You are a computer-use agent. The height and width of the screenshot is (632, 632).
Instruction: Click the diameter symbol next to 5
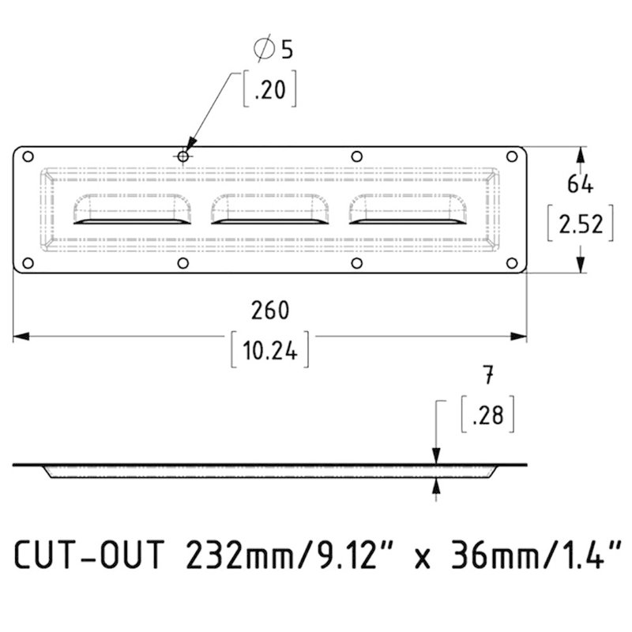(x=262, y=50)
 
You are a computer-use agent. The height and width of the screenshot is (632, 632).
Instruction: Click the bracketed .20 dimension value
(x=270, y=91)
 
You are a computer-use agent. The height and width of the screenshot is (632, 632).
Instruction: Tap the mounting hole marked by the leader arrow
(x=183, y=156)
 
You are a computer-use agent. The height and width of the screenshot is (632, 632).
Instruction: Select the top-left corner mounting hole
(x=27, y=156)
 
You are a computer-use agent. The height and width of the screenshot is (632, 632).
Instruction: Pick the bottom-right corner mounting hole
(x=513, y=263)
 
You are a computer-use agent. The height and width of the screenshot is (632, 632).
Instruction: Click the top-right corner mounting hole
(x=513, y=156)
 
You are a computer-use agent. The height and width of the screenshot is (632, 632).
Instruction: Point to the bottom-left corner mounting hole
(x=27, y=263)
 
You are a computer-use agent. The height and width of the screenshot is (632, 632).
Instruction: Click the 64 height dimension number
(x=581, y=183)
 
